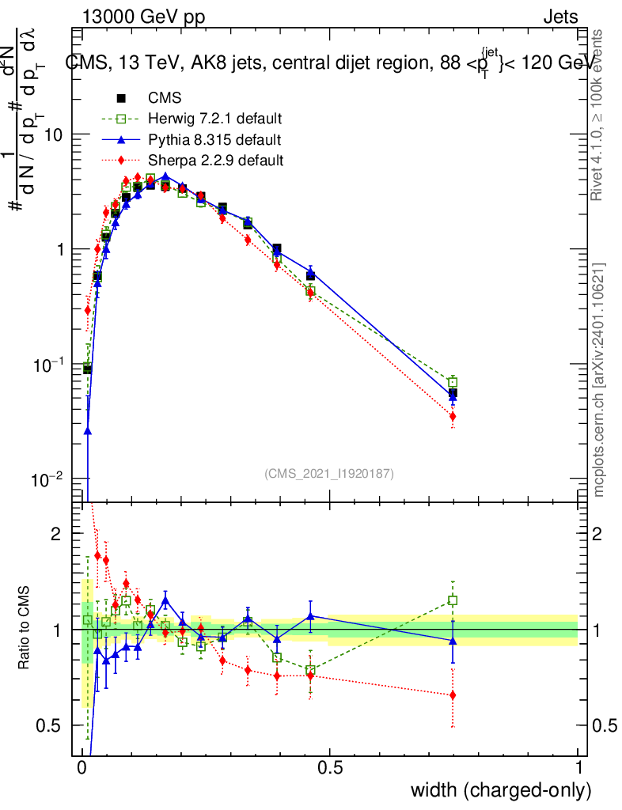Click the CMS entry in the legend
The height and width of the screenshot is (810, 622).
165,98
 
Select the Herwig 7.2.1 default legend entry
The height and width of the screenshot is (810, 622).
214,119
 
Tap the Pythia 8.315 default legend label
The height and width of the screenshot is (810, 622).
214,140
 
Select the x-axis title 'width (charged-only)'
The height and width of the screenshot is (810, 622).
500,790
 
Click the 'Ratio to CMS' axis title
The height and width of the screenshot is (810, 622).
25,630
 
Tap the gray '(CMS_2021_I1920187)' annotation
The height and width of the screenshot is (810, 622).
329,473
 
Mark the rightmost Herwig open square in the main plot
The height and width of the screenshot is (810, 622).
453,382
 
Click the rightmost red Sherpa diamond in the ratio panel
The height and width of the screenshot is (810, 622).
453,695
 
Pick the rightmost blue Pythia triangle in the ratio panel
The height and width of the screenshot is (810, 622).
453,641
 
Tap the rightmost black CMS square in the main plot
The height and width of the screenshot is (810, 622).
453,393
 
